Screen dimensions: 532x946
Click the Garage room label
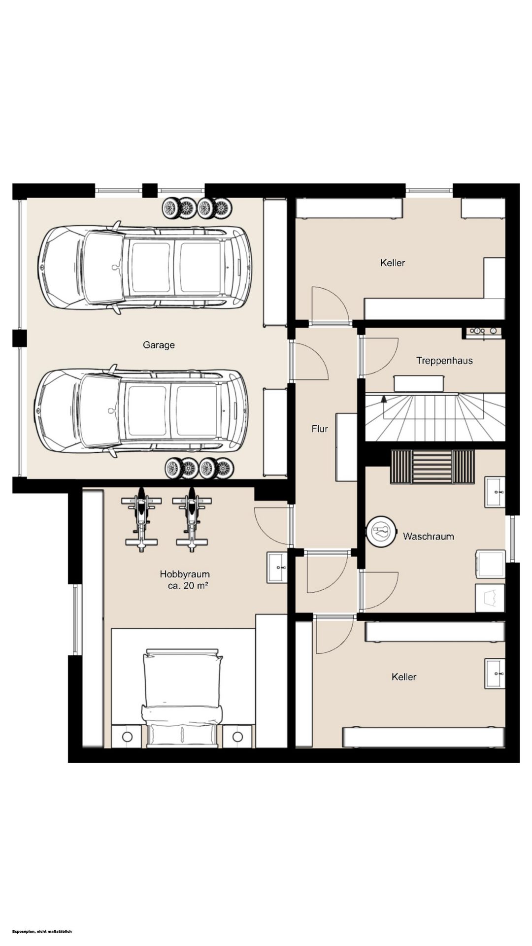(x=159, y=345)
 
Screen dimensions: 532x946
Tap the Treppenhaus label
(x=444, y=361)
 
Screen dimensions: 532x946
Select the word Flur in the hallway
(x=319, y=429)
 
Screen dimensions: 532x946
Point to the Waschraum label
(x=428, y=536)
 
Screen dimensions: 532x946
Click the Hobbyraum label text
(x=185, y=574)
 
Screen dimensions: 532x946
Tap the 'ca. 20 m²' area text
(x=188, y=586)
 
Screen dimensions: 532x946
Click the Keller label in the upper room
(x=393, y=263)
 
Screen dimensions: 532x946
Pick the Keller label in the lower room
(x=404, y=677)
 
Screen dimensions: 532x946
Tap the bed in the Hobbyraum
(x=183, y=697)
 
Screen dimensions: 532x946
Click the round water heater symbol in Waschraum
(x=382, y=531)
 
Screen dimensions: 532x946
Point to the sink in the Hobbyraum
(x=277, y=567)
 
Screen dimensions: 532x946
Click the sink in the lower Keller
(x=495, y=673)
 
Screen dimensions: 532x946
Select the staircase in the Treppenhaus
(x=435, y=417)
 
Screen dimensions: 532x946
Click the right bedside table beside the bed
(x=237, y=736)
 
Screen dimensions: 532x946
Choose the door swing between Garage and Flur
(x=310, y=362)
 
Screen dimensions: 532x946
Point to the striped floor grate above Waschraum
(x=432, y=467)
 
